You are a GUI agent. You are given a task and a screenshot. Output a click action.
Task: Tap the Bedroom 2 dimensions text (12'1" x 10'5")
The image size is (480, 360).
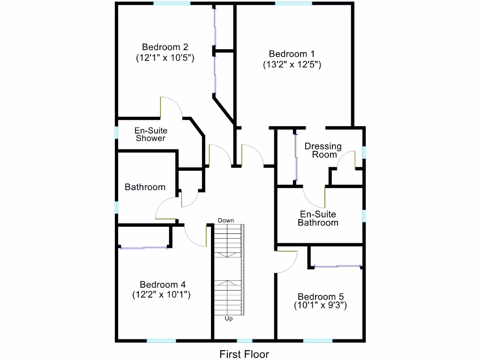(165, 58)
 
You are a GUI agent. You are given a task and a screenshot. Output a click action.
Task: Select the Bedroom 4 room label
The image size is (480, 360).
(163, 285)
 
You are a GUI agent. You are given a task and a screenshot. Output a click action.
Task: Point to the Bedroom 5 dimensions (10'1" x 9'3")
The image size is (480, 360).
(321, 306)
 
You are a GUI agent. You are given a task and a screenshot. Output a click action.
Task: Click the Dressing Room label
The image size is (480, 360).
(323, 150)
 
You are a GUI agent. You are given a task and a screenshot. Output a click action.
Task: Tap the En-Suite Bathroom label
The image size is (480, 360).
(318, 218)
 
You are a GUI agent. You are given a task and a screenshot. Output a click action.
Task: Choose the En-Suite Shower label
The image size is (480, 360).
(151, 135)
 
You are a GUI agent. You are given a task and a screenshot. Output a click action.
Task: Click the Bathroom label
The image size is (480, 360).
(145, 187)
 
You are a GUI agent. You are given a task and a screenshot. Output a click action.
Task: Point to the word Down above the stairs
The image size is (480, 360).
(226, 220)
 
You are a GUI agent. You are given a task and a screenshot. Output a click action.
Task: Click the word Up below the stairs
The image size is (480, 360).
(229, 319)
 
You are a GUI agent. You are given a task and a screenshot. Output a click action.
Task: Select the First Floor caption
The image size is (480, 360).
(244, 354)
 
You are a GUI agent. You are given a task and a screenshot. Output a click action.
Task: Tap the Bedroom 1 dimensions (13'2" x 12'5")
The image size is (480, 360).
(292, 65)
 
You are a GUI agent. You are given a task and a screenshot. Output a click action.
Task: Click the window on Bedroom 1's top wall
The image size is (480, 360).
(293, 3)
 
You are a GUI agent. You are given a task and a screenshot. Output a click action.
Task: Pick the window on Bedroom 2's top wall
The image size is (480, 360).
(172, 3)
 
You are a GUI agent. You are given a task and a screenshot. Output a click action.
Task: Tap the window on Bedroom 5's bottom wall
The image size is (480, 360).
(318, 340)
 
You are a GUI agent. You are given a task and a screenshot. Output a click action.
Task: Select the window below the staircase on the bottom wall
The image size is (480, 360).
(244, 340)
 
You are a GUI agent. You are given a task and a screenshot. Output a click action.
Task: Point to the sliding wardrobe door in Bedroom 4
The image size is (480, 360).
(143, 247)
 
